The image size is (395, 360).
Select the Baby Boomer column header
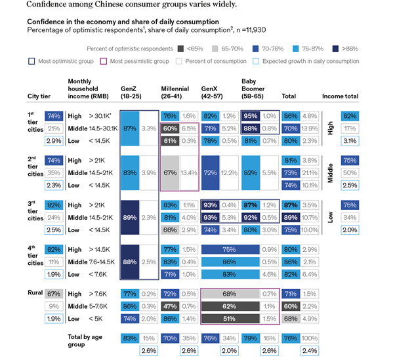point(253,92)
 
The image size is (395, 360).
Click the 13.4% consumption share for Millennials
point(188,172)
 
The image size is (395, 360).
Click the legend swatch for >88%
point(338,49)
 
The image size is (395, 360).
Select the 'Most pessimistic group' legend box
point(103,61)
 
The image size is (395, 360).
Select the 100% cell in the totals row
point(310,338)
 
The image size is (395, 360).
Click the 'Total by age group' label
point(85,341)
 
